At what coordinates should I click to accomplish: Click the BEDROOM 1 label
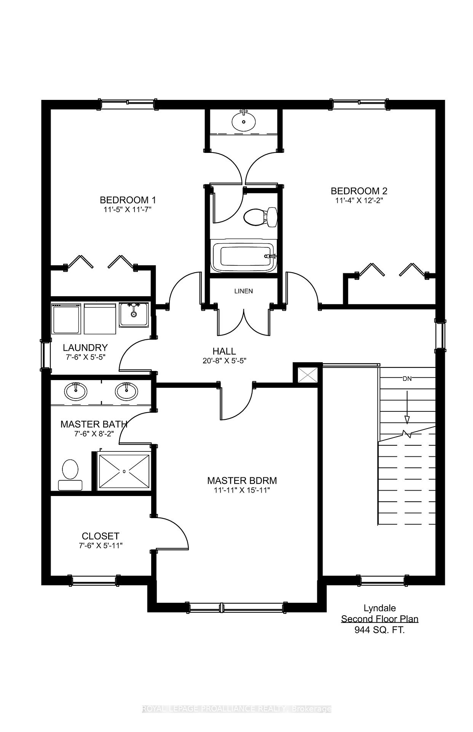point(128,200)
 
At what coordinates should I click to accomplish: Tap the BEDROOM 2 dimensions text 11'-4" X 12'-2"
point(359,201)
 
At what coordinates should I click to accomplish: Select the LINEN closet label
point(243,291)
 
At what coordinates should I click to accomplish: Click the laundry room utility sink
point(134,315)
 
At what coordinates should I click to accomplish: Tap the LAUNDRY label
point(85,348)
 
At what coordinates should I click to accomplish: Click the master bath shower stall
point(124,471)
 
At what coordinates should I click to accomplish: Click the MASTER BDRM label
point(242,480)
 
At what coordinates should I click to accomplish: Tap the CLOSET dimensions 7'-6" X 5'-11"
point(101,546)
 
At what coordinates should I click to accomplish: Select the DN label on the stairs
point(407,379)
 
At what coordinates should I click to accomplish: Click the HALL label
point(224,351)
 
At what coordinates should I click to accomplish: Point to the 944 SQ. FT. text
point(380,630)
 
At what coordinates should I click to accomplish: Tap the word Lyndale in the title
point(380,608)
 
